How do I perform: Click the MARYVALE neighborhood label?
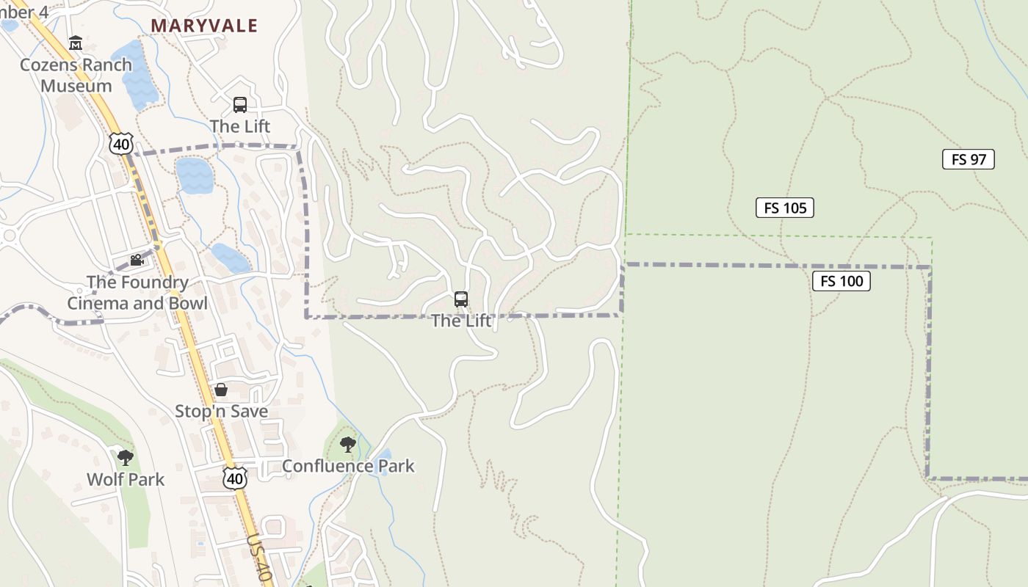(204, 26)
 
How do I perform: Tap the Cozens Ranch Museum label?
(76, 75)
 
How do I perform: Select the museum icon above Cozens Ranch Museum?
(76, 43)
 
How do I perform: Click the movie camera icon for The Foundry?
(137, 260)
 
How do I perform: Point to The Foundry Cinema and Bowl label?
(137, 293)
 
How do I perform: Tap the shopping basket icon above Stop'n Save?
(221, 389)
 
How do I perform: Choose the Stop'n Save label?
(221, 411)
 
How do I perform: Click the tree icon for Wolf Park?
(126, 458)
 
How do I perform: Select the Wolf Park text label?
(126, 480)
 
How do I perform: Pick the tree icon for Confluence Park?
(348, 443)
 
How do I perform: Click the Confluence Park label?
(348, 466)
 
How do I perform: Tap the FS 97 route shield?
(968, 159)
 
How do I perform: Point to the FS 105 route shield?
(785, 208)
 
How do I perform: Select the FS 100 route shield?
(841, 280)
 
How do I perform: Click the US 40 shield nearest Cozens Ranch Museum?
(121, 143)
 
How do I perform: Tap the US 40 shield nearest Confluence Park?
(235, 478)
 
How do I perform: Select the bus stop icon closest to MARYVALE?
(240, 104)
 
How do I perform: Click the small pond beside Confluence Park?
(383, 463)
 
